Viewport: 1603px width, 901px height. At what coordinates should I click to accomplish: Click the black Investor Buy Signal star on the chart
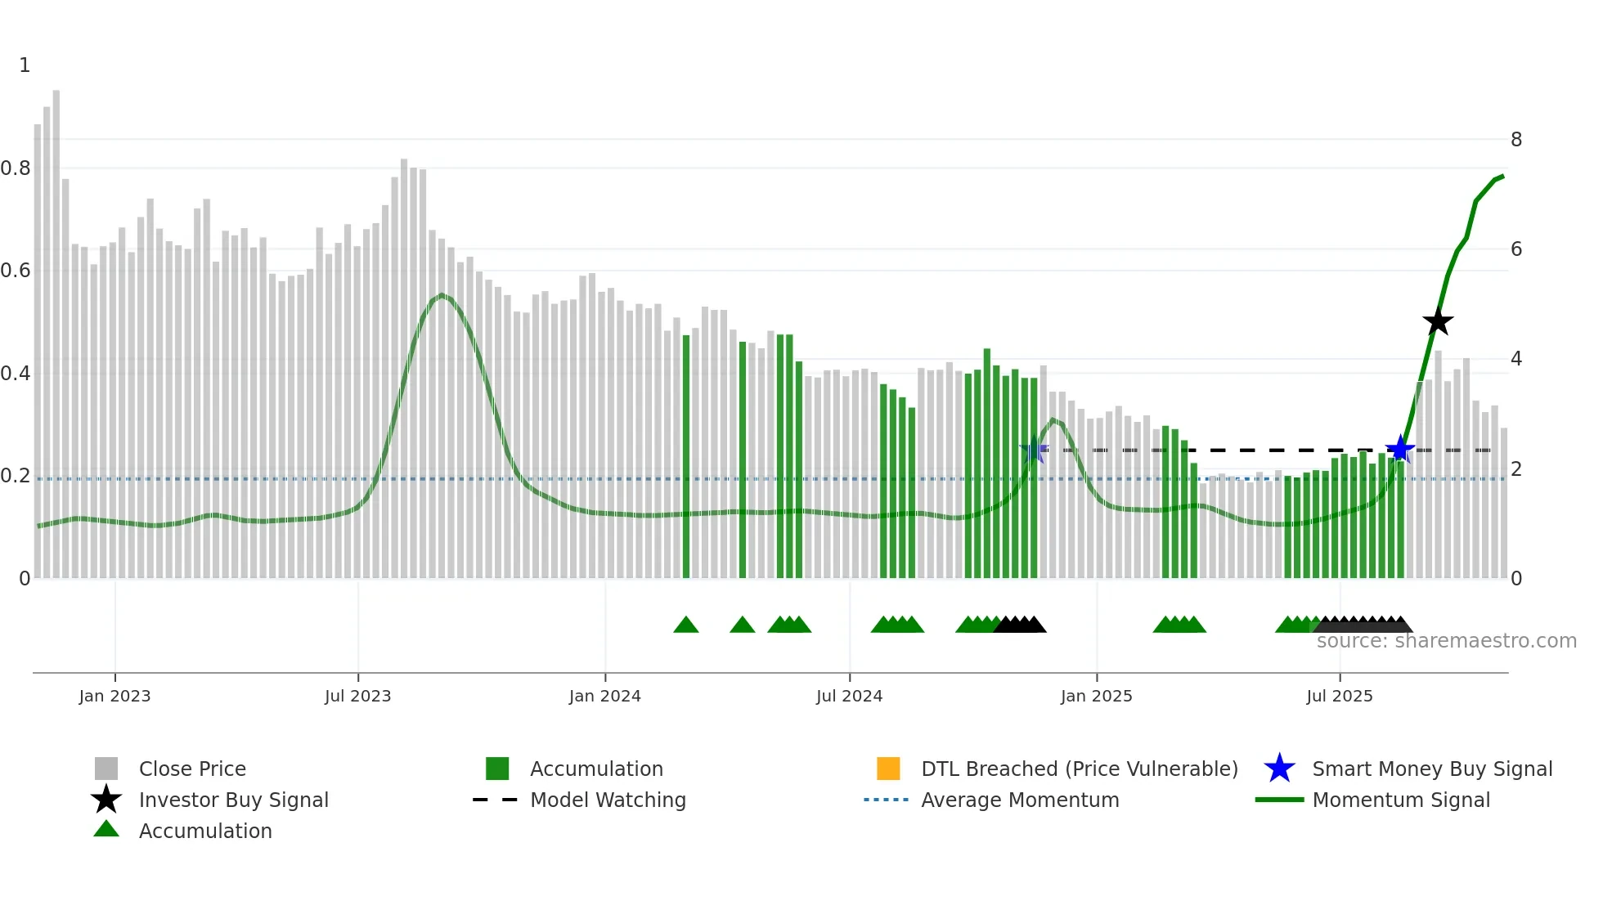(x=1437, y=321)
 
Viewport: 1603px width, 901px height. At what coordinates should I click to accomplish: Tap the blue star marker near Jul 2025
(x=1400, y=449)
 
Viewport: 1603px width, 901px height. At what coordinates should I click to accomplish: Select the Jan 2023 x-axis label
(x=114, y=696)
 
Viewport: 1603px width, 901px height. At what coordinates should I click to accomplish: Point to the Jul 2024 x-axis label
(x=849, y=696)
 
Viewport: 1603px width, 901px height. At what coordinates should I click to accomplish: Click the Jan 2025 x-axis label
(x=1096, y=696)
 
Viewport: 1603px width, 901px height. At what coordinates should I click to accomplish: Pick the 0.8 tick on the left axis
(x=16, y=168)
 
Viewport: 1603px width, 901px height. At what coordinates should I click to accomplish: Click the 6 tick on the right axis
(x=1516, y=249)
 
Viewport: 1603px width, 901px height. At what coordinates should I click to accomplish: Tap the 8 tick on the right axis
(x=1516, y=140)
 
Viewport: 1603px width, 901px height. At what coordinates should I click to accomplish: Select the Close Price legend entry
(x=192, y=769)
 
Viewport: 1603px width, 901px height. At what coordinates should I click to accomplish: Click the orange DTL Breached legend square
(x=888, y=769)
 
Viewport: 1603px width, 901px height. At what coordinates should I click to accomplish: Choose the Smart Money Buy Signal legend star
(x=1279, y=769)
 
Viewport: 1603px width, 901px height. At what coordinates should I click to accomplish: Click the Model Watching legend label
(x=608, y=800)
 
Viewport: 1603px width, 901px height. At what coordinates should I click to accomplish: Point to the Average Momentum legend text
(x=1020, y=800)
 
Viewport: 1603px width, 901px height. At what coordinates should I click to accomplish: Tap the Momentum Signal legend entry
(x=1401, y=800)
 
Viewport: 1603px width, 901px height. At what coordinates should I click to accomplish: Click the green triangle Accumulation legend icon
(x=106, y=829)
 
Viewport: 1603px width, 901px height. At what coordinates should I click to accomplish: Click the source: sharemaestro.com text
(x=1446, y=641)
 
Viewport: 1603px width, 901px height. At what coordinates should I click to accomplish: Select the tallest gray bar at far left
(x=56, y=327)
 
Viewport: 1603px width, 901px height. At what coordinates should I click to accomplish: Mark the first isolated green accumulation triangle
(x=685, y=625)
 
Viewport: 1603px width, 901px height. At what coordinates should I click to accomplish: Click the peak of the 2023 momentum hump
(x=442, y=295)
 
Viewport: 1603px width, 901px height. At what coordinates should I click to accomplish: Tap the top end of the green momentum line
(x=1502, y=176)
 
